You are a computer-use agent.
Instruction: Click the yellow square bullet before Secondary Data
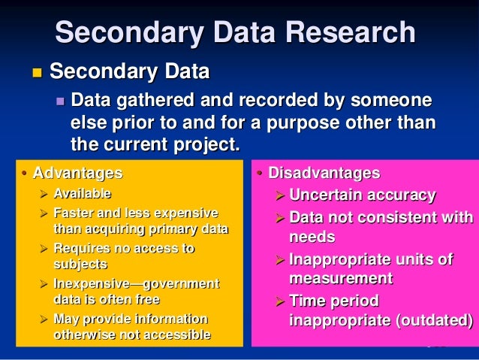[x=35, y=74]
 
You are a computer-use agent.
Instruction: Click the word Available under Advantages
[x=82, y=194]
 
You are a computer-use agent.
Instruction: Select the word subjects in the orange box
[x=80, y=265]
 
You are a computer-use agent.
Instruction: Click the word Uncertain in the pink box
[x=325, y=195]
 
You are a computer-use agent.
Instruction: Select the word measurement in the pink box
[x=341, y=279]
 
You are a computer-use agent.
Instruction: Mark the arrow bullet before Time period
[x=279, y=301]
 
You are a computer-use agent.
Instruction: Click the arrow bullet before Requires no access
[x=44, y=248]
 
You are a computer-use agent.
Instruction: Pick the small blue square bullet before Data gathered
[x=61, y=101]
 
